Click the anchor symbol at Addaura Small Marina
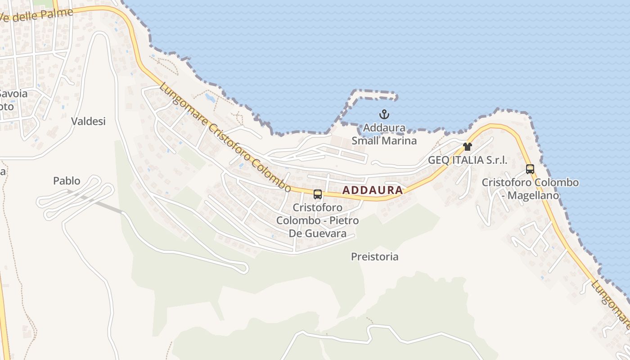384,114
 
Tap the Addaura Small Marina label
384,134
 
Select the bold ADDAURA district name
373,190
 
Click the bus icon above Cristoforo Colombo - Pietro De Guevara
317,194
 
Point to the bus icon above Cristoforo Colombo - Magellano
530,169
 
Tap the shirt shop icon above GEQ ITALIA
468,147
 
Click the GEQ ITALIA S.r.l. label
468,160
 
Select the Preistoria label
375,256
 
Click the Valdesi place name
88,121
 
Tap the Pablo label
67,181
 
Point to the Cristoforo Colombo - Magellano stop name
530,189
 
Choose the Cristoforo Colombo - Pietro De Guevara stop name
317,220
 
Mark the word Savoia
13,94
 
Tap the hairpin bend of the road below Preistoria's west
245,268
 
